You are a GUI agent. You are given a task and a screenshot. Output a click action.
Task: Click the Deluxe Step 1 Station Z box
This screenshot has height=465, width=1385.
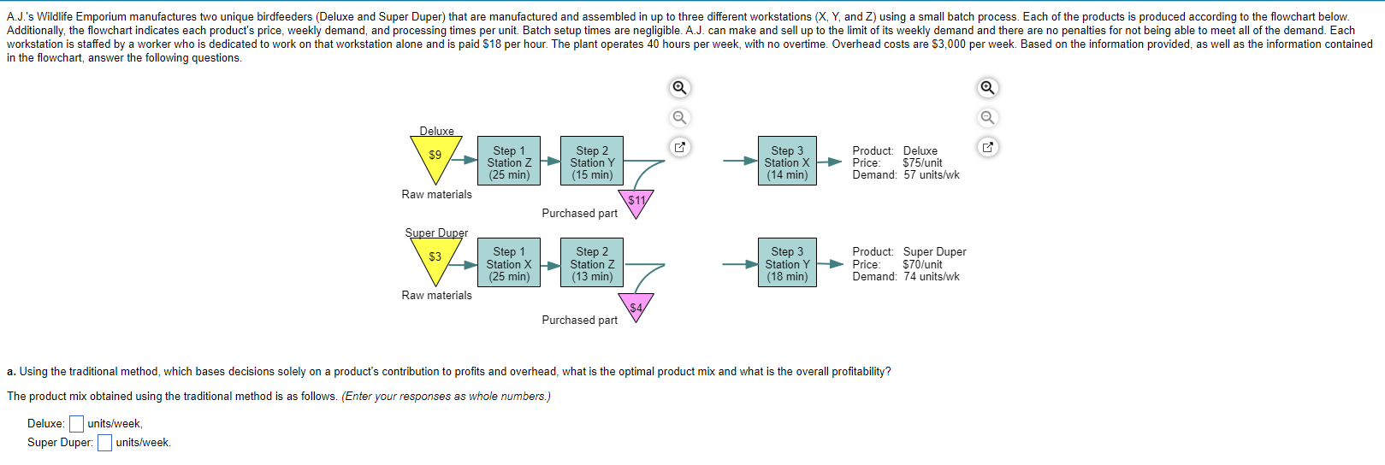509,162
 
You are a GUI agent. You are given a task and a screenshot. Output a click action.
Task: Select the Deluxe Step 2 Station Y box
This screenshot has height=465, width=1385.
592,162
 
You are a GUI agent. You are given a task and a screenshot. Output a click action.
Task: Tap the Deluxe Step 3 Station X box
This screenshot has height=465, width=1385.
786,162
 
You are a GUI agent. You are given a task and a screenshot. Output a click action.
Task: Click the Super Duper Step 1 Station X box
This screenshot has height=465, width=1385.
509,263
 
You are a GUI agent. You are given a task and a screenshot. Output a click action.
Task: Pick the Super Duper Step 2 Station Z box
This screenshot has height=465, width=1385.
592,263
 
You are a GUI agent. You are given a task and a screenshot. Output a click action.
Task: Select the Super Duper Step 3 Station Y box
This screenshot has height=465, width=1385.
786,263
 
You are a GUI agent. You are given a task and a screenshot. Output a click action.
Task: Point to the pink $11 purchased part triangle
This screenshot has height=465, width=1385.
636,201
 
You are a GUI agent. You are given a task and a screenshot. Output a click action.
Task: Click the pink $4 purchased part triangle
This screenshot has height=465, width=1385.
636,305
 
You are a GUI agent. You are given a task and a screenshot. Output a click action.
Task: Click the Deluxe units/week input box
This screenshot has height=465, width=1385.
76,424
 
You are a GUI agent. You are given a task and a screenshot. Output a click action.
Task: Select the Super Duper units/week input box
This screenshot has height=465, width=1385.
104,443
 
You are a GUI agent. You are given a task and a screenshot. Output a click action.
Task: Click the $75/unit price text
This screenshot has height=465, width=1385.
922,162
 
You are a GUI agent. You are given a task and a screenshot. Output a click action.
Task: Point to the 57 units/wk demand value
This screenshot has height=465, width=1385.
931,175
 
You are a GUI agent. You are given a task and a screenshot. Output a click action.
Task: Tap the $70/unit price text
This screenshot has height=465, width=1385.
922,264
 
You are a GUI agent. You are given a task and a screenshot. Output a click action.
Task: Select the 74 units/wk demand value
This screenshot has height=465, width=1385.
931,277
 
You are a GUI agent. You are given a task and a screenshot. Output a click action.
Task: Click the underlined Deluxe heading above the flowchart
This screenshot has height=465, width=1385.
436,131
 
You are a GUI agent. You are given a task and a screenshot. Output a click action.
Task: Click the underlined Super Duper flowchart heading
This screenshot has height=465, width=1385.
436,232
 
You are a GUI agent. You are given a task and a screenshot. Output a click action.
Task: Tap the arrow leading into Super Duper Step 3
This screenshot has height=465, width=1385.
740,264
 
